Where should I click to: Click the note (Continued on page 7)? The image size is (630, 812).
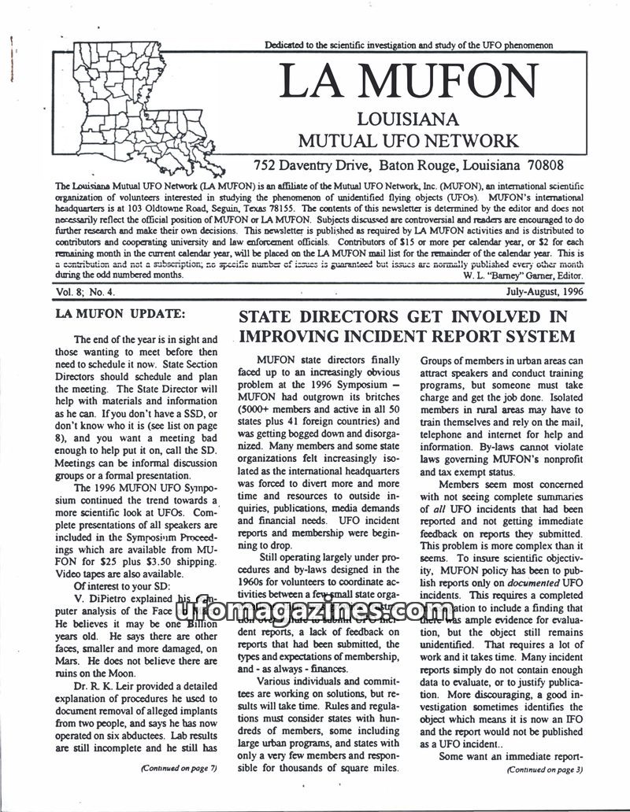point(178,769)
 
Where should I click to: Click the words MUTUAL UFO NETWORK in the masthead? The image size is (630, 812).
point(407,142)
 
